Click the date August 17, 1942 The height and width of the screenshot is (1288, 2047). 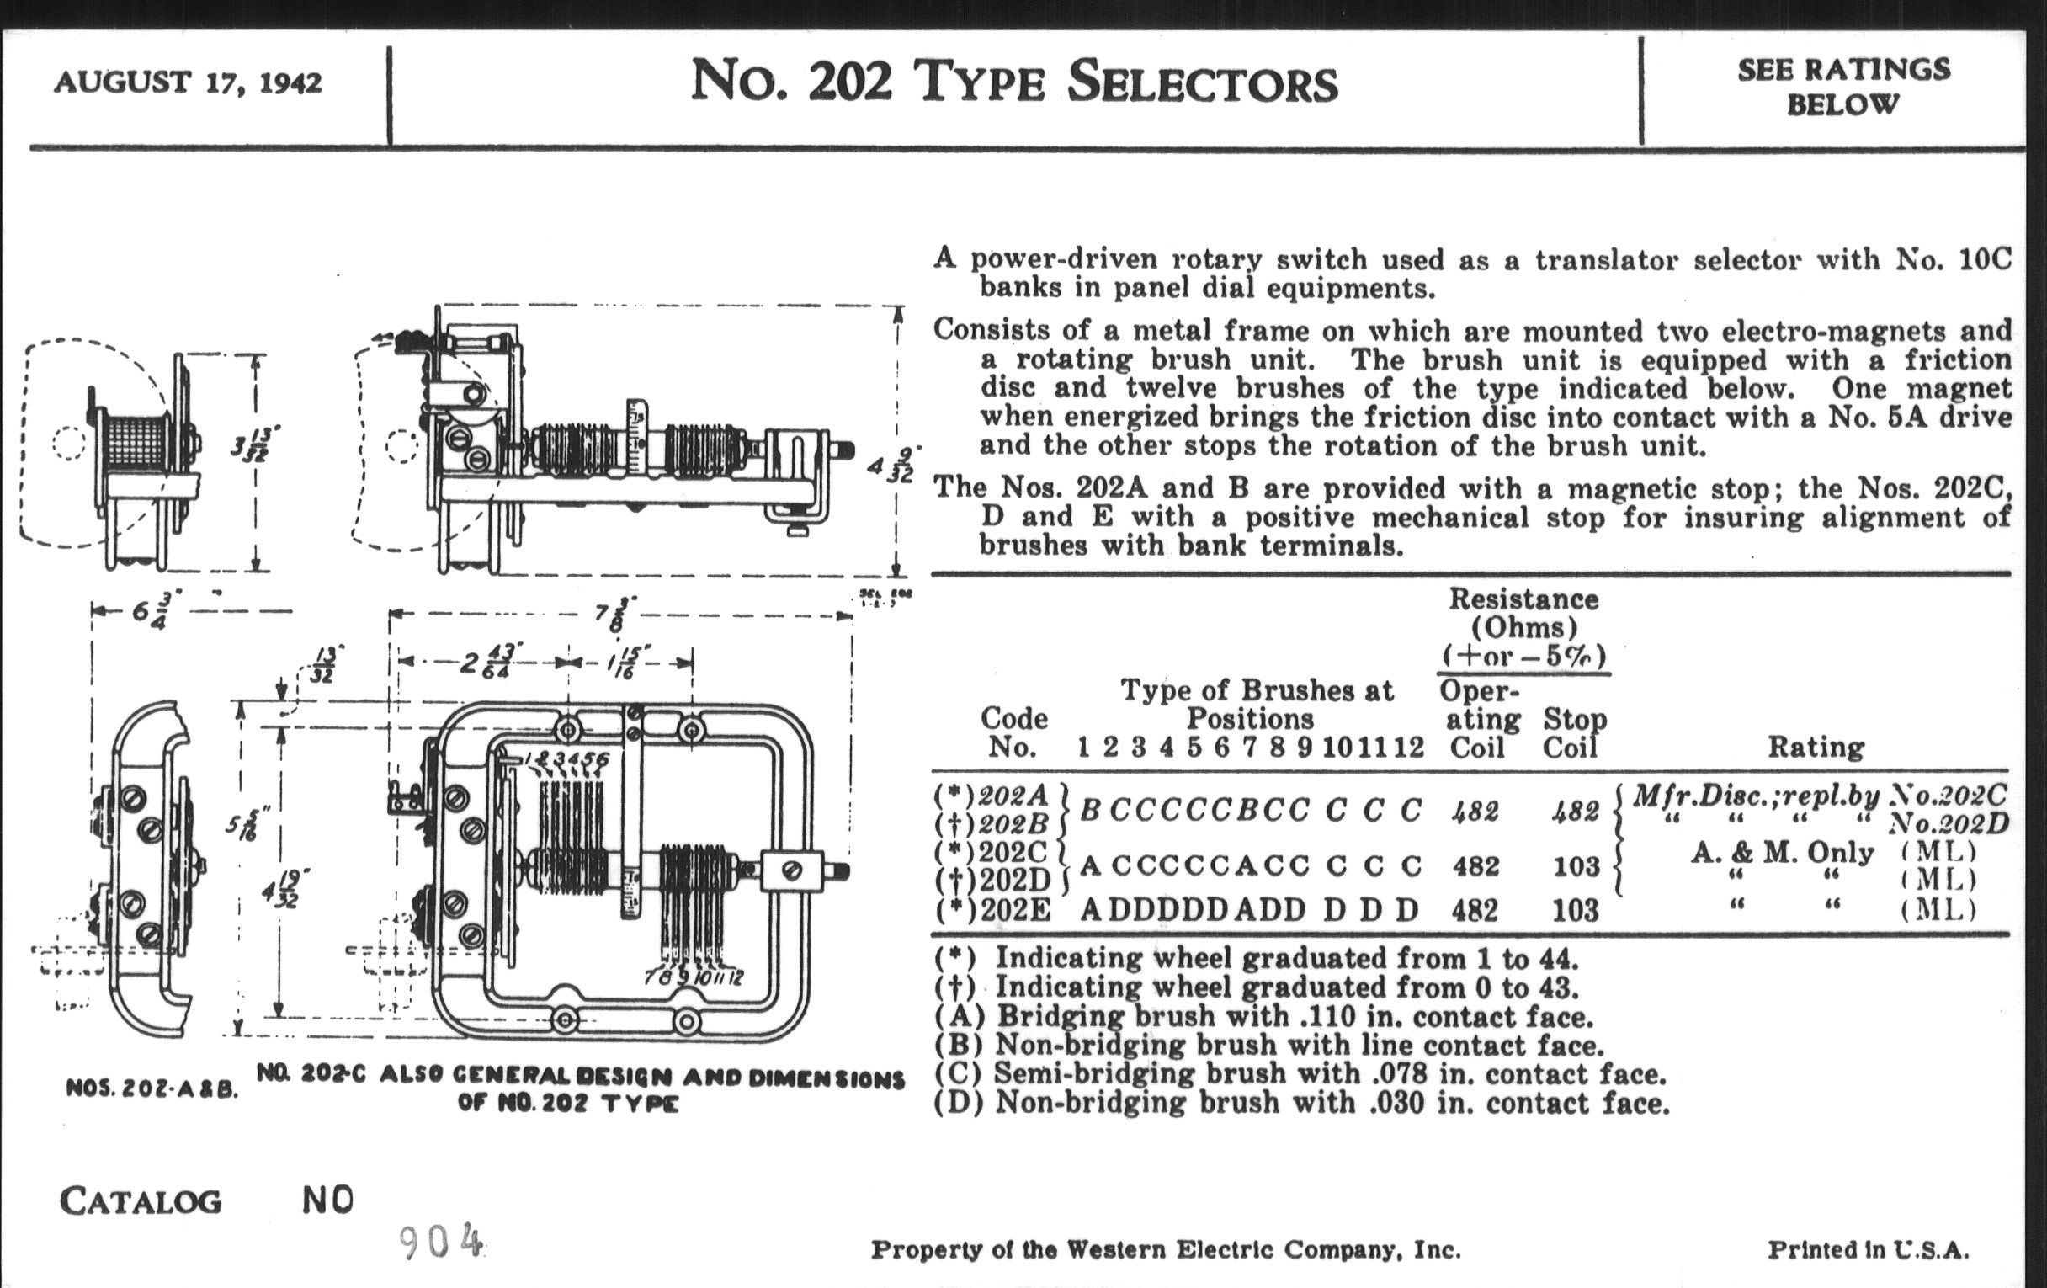point(188,83)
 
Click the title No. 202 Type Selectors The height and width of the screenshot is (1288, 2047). point(1013,83)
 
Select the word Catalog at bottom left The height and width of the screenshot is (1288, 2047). point(141,1201)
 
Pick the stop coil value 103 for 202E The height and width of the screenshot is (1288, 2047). point(1575,911)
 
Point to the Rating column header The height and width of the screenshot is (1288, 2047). point(1816,748)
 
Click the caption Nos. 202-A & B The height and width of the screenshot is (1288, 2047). point(152,1089)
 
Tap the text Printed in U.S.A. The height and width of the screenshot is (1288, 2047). point(1868,1250)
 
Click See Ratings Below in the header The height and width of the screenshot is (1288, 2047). point(1843,87)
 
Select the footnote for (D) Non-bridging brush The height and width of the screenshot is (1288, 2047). point(1301,1104)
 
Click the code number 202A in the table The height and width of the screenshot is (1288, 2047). point(1013,796)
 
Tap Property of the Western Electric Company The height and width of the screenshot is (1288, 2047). point(1166,1250)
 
